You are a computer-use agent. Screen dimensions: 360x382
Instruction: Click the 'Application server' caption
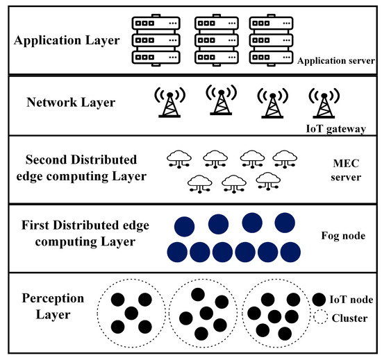point(336,62)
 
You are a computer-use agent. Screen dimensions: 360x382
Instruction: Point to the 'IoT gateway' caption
point(335,128)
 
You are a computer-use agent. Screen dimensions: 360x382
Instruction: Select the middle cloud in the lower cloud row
point(232,182)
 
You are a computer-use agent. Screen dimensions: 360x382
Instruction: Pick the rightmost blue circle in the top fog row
point(285,223)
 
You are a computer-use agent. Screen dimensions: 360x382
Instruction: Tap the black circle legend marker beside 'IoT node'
point(319,300)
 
